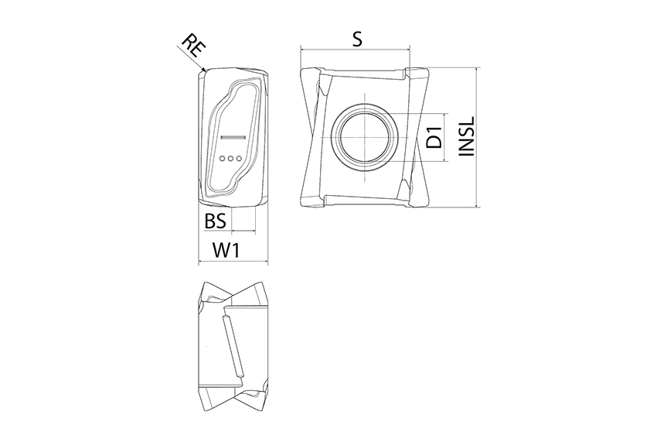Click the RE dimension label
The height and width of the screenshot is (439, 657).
[194, 47]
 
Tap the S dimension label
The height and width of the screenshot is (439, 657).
[356, 39]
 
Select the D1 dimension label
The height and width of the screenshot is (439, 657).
[435, 137]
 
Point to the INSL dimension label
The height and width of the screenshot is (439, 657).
[466, 136]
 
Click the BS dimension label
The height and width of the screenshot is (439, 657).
[216, 221]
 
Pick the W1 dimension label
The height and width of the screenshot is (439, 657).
[226, 251]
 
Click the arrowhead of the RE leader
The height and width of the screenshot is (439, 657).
[203, 70]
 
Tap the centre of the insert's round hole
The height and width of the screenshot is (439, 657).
[366, 138]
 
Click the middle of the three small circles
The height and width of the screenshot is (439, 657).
[230, 158]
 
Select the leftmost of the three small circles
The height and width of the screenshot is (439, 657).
[222, 158]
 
